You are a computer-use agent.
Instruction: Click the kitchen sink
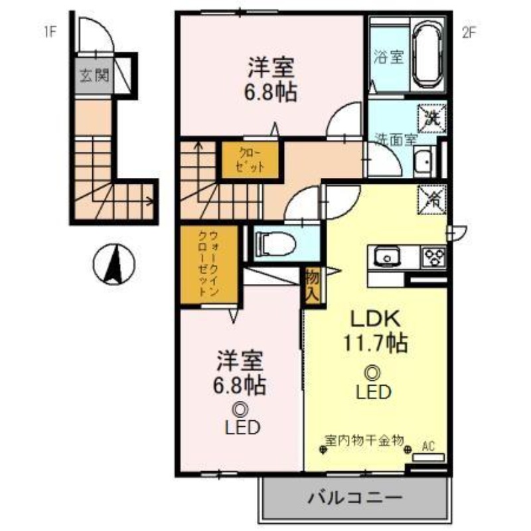385,256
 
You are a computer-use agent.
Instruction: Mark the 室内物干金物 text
364,439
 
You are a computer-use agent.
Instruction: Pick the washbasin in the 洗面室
422,161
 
